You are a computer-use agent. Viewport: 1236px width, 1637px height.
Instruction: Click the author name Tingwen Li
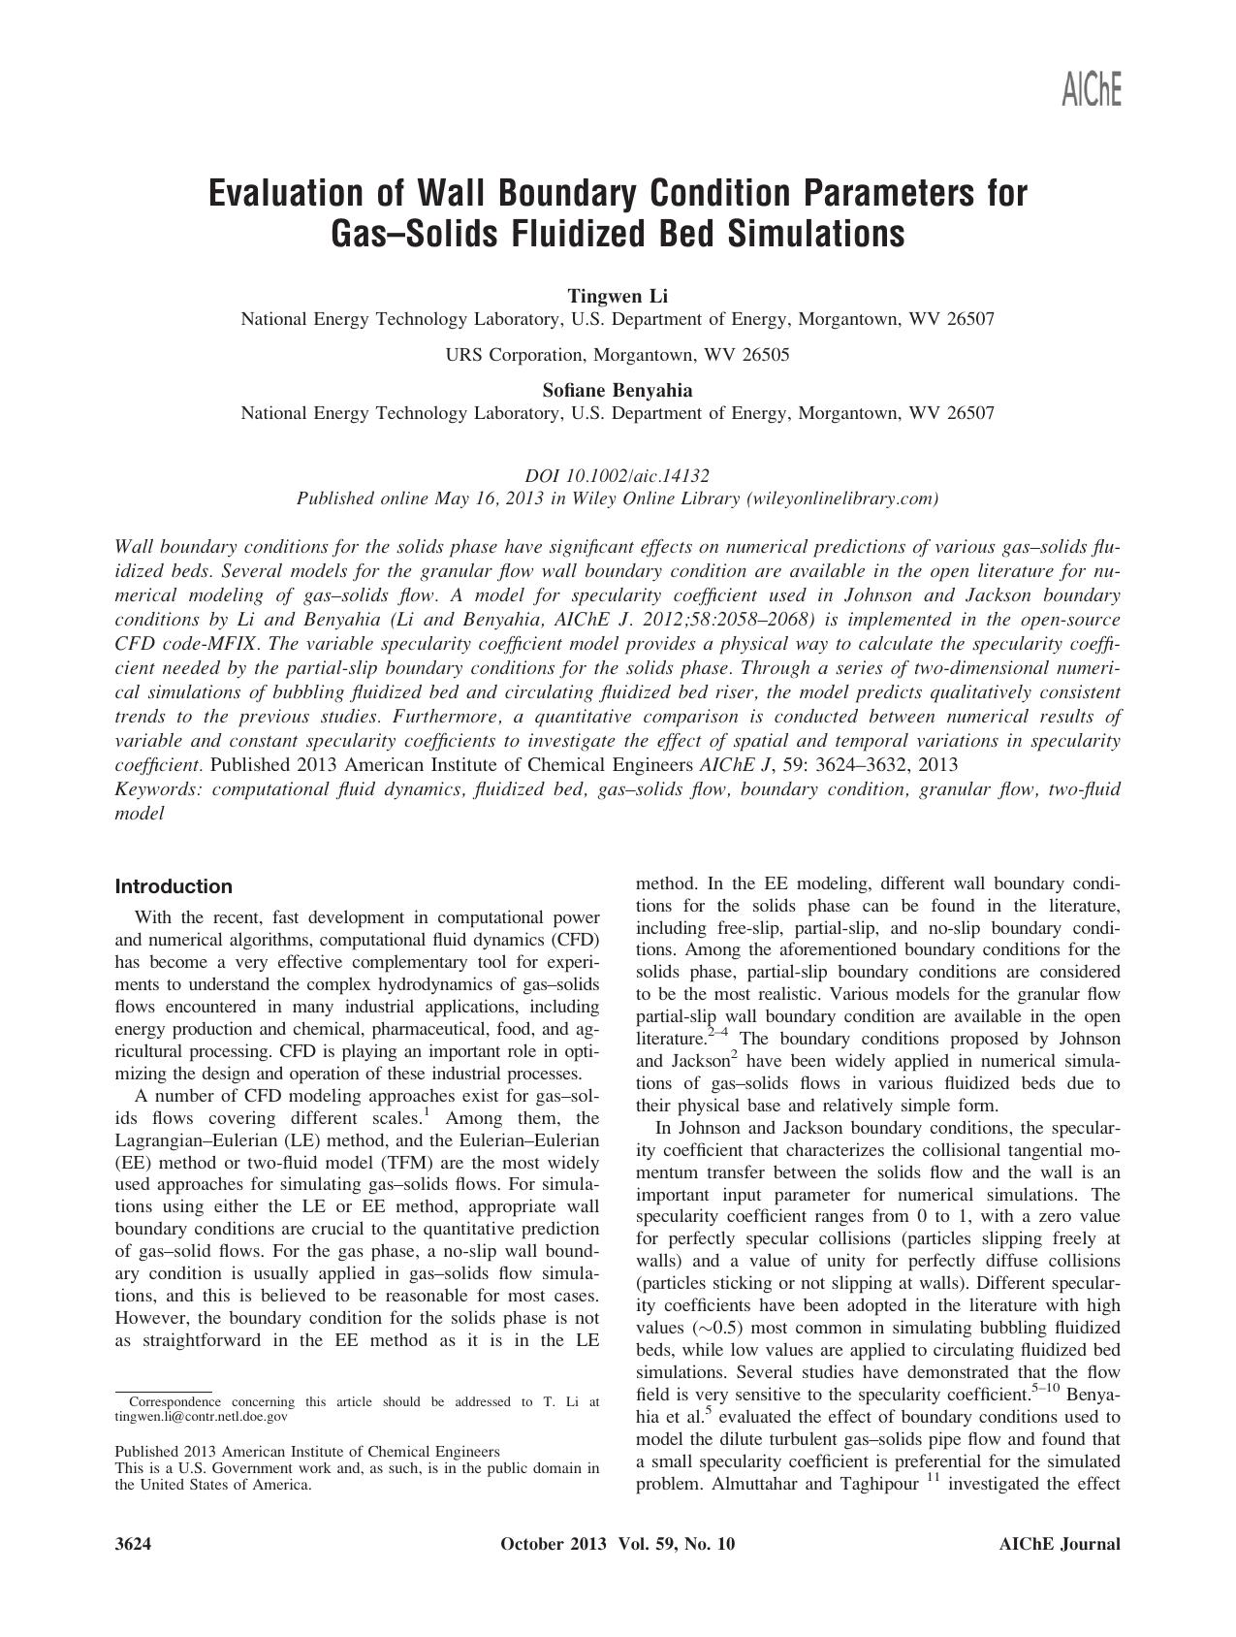pyautogui.click(x=618, y=296)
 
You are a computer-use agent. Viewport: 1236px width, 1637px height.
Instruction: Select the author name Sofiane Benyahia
pyautogui.click(x=618, y=390)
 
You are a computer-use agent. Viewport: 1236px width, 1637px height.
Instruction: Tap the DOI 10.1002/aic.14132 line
pyautogui.click(x=618, y=476)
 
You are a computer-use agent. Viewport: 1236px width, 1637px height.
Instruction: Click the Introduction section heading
pyautogui.click(x=174, y=886)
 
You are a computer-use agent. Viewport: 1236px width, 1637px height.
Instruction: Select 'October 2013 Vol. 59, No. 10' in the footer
pyautogui.click(x=618, y=1545)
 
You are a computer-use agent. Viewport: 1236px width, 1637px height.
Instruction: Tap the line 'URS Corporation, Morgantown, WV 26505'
pyautogui.click(x=618, y=354)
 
